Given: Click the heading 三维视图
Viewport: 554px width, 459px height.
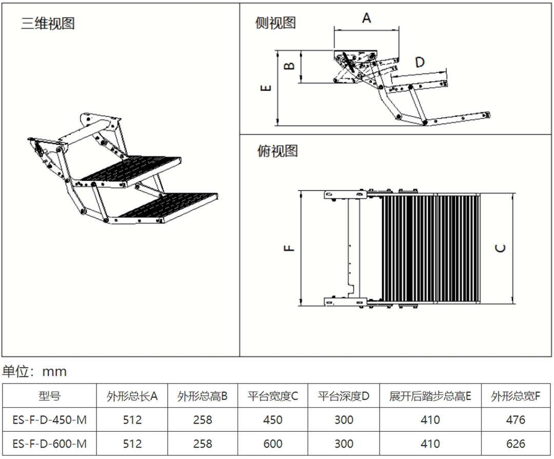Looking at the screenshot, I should [x=48, y=24].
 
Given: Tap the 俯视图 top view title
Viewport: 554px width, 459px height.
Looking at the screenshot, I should [x=277, y=151].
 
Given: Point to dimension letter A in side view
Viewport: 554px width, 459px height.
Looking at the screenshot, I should [x=366, y=18].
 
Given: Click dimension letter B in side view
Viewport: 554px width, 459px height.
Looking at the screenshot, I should [x=289, y=66].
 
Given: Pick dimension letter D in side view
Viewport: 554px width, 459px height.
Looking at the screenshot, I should [x=420, y=63].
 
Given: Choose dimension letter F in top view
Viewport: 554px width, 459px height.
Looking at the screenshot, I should [x=289, y=247].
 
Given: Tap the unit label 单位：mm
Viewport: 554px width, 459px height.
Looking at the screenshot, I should [x=35, y=371].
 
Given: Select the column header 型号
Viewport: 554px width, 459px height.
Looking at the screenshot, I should [x=49, y=396].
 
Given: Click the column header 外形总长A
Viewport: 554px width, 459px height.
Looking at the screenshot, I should [x=132, y=396].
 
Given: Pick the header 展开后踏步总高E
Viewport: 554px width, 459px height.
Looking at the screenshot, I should [x=430, y=396].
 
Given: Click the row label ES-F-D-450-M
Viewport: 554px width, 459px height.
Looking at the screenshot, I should [x=49, y=420].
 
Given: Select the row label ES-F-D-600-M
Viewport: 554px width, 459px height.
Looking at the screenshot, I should [x=49, y=444].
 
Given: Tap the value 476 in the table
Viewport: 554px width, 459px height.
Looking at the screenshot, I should [x=515, y=420].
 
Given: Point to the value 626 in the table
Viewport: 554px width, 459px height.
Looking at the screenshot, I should [x=515, y=444].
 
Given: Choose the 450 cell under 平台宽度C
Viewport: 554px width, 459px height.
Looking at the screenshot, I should [x=272, y=420].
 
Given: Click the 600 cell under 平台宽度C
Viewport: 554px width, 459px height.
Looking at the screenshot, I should [x=272, y=444].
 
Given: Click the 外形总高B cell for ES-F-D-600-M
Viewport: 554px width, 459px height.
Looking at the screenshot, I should [x=203, y=444].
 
